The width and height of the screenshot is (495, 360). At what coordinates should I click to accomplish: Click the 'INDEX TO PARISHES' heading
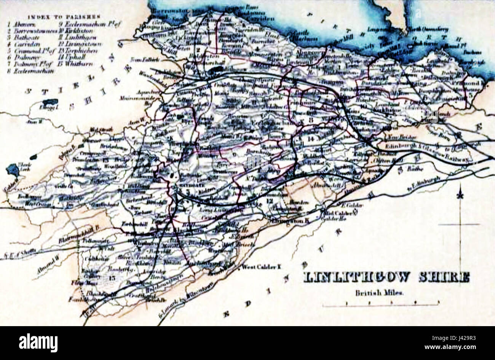63,17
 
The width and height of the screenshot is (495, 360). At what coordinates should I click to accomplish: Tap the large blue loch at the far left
12,169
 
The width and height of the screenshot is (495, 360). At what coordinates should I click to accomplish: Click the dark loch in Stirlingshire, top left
49,102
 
